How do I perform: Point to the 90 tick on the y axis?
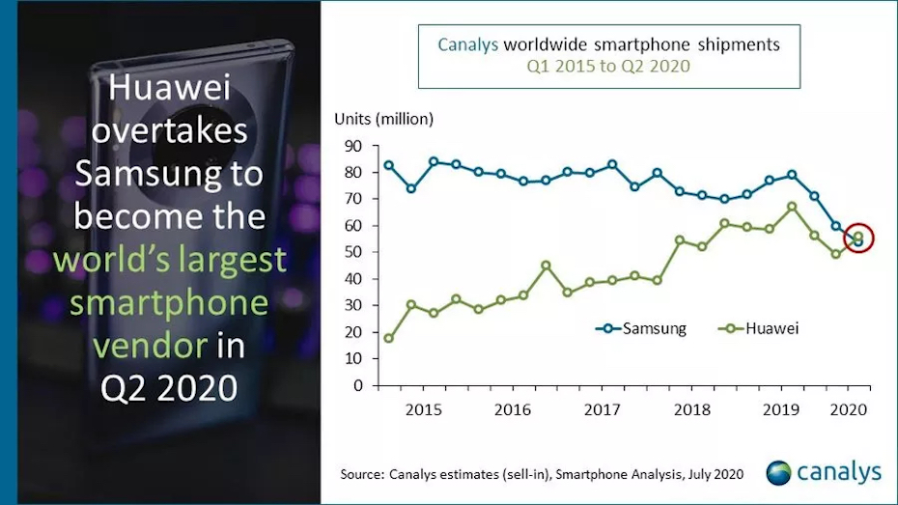(x=351, y=146)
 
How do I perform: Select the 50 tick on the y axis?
(x=351, y=252)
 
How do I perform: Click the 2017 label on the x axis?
(x=601, y=408)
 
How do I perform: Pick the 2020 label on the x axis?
(x=849, y=408)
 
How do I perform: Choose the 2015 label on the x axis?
(x=423, y=408)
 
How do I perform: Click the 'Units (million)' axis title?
(x=383, y=119)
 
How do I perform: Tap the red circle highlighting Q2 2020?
(x=857, y=238)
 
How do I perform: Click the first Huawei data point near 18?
(x=388, y=338)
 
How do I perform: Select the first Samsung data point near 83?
(x=388, y=165)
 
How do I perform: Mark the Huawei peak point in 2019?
(x=792, y=207)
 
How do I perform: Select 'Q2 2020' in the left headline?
(x=170, y=387)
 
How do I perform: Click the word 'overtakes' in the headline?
(x=170, y=131)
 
